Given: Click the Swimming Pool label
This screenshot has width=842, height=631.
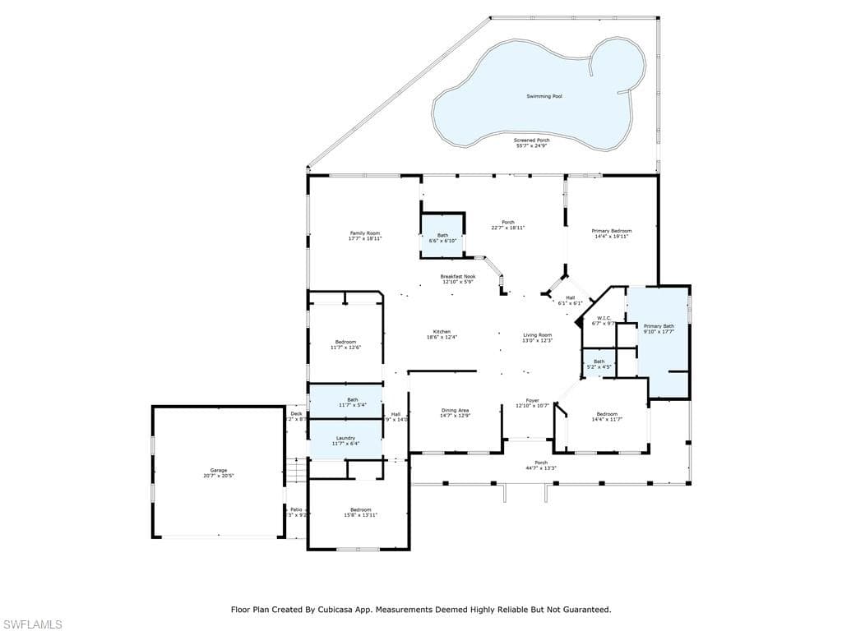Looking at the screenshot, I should pos(544,96).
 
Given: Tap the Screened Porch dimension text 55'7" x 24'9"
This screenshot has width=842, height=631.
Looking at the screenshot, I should pos(532,145).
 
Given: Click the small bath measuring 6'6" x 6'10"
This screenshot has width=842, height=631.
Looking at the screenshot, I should pos(442,237).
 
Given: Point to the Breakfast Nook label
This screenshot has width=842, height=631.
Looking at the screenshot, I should pos(457,277).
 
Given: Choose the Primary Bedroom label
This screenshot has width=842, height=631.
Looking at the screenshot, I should pos(612,232).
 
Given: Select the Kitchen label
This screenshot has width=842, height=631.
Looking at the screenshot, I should pos(442,332).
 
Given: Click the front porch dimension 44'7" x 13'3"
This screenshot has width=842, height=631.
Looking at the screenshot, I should pos(541,467).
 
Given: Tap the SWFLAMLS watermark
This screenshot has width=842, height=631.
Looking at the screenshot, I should pos(31,624).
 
